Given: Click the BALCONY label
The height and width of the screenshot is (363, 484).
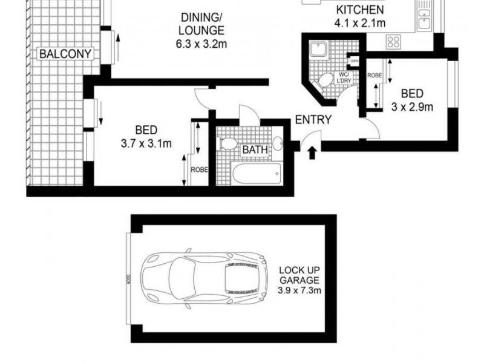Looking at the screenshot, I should tap(65, 54).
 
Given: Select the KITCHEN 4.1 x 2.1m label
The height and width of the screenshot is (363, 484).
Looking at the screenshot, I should tap(360, 17).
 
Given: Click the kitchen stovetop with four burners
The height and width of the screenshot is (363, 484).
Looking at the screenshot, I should tap(394, 42).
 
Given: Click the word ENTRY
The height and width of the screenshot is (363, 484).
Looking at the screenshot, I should tap(313, 120).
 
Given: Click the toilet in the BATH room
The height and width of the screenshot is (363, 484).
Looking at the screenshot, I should tap(228, 144).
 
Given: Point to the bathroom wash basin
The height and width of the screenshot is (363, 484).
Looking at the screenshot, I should tap(278, 143).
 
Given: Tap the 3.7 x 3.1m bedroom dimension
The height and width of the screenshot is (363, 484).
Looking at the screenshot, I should tap(146, 143).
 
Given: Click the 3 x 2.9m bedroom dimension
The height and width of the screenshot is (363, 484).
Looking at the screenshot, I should tap(412, 108).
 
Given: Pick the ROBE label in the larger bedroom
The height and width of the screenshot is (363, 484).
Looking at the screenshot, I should tap(200, 170).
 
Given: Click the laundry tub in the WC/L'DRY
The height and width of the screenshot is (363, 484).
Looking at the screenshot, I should tap(318, 50).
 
